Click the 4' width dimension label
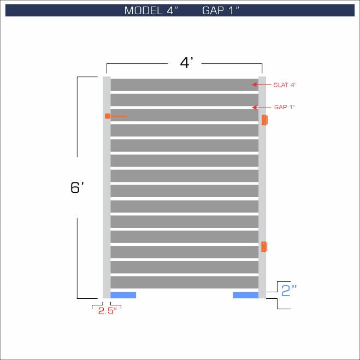click(x=187, y=63)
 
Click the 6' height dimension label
click(x=76, y=187)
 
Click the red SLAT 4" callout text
click(x=285, y=85)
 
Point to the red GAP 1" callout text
click(x=285, y=107)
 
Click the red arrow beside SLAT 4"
click(x=261, y=85)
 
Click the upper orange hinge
click(x=264, y=120)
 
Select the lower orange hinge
click(x=264, y=246)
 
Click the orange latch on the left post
click(x=108, y=116)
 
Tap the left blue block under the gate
click(x=123, y=295)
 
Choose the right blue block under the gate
click(x=245, y=295)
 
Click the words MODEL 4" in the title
click(x=151, y=10)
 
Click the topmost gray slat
click(x=184, y=85)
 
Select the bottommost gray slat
click(x=184, y=282)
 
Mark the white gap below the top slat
click(x=184, y=92)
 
